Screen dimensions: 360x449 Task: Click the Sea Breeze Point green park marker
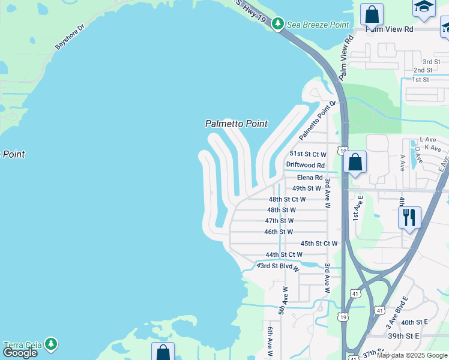pos(277,24)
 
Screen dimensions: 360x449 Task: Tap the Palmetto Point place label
pos(236,124)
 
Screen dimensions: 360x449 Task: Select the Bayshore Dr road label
pos(71,37)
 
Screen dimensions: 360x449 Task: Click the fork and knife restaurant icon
pos(409,217)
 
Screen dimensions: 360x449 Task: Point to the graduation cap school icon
pos(424,7)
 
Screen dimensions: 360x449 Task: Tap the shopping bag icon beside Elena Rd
pos(355,162)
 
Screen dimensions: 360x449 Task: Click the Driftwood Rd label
pos(305,165)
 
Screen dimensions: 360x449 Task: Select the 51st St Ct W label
pos(308,154)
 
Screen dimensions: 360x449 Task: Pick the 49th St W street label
pos(307,188)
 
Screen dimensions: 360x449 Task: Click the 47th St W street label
pos(279,221)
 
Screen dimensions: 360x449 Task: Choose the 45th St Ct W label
pos(319,243)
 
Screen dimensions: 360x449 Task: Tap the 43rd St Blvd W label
pos(278,265)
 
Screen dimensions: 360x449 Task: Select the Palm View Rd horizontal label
pos(390,29)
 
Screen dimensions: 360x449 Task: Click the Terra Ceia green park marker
pos(51,343)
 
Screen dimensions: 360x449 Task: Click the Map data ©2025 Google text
pos(412,355)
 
